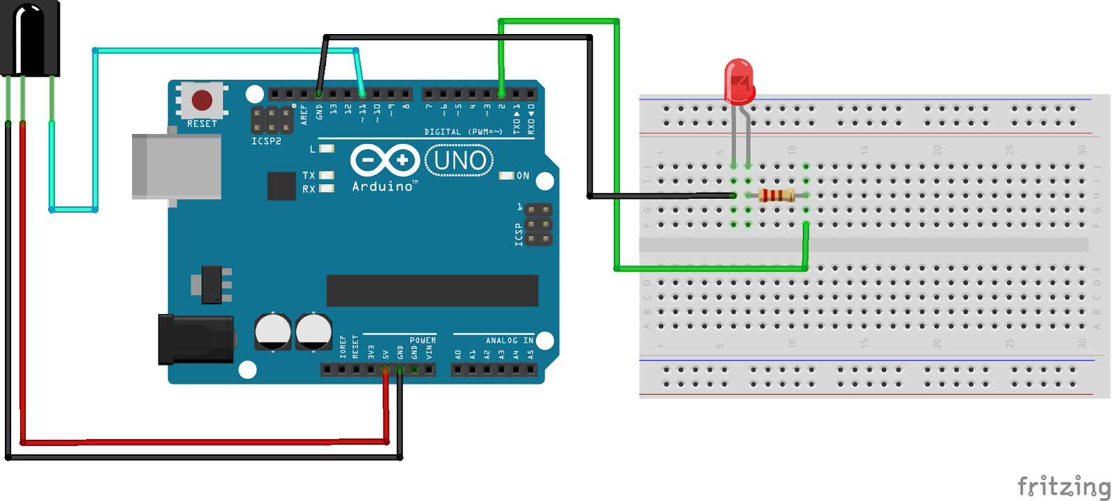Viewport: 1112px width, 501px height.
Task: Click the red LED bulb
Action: coord(739,81)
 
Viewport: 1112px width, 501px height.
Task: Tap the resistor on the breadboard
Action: coord(776,195)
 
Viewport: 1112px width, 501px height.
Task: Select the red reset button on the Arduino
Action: coord(202,100)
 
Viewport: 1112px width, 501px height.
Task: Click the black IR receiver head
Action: coord(29,38)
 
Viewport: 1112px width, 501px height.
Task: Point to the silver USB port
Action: coord(177,167)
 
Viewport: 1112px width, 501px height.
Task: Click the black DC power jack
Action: coord(195,339)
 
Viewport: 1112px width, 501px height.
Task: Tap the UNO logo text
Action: coord(459,161)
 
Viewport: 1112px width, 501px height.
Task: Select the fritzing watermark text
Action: coord(1063,486)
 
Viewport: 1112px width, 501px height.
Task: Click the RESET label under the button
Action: coord(202,124)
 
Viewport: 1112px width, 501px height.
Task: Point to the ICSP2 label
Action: coord(266,141)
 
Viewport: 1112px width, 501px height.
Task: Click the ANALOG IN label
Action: coord(509,340)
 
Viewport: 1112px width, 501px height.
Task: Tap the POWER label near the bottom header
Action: coord(423,340)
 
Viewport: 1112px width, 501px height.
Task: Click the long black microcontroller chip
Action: coord(432,290)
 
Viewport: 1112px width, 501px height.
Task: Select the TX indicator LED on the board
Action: coord(326,175)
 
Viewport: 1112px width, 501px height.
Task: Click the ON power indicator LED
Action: coord(507,176)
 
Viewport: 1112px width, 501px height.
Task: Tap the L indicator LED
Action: coord(327,149)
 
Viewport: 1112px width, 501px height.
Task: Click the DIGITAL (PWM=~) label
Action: coord(463,131)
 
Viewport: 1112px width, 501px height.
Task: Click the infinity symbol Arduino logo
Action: coord(384,161)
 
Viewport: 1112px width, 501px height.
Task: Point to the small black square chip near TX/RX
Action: coord(281,186)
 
